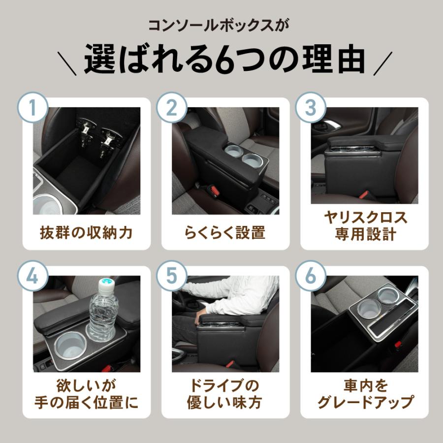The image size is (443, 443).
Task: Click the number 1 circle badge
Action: (x=33, y=107)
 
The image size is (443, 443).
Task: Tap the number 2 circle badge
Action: (x=172, y=107)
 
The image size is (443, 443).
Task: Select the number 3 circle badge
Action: (x=311, y=107)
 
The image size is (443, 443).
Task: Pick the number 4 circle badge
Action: (x=33, y=276)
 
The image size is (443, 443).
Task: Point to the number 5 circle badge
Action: (x=172, y=276)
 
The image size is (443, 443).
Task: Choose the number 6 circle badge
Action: (x=311, y=276)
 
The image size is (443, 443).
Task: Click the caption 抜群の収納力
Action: (x=87, y=233)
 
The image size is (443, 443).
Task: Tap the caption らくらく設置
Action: (x=225, y=233)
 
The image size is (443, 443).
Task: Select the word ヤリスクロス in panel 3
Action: (x=366, y=218)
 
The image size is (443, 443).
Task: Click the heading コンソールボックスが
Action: (x=219, y=26)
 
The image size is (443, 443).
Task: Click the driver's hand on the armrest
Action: (x=201, y=318)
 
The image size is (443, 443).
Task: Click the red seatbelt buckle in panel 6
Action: (x=398, y=345)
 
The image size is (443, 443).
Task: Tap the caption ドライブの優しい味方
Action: (x=225, y=394)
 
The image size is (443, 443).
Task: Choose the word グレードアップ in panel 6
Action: (x=365, y=402)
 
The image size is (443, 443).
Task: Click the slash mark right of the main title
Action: (x=383, y=63)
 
